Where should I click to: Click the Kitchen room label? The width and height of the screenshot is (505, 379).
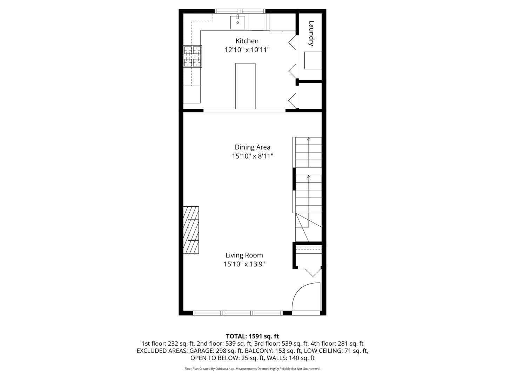tap(247, 41)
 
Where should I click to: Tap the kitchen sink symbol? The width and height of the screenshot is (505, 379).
tap(237, 22)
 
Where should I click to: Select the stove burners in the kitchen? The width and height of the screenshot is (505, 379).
tap(193, 56)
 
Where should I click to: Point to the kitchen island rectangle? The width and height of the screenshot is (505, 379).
tap(245, 86)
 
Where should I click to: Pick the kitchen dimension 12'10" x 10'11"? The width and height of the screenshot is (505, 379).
tap(247, 50)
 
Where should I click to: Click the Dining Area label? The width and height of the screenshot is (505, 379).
tap(252, 147)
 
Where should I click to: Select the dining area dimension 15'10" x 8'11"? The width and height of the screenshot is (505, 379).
tap(252, 156)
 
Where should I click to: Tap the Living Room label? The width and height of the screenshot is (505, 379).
tap(244, 255)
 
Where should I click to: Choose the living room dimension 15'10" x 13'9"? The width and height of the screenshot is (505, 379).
tap(244, 264)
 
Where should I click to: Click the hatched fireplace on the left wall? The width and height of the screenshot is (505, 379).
tap(191, 230)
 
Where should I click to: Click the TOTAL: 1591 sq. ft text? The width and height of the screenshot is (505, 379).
tap(252, 336)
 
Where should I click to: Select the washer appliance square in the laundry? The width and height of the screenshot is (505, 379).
tap(313, 60)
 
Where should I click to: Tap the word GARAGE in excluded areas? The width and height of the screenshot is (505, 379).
tap(201, 351)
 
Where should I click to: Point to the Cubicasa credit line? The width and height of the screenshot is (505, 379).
tap(252, 369)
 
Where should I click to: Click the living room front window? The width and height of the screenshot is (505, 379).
tap(238, 313)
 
